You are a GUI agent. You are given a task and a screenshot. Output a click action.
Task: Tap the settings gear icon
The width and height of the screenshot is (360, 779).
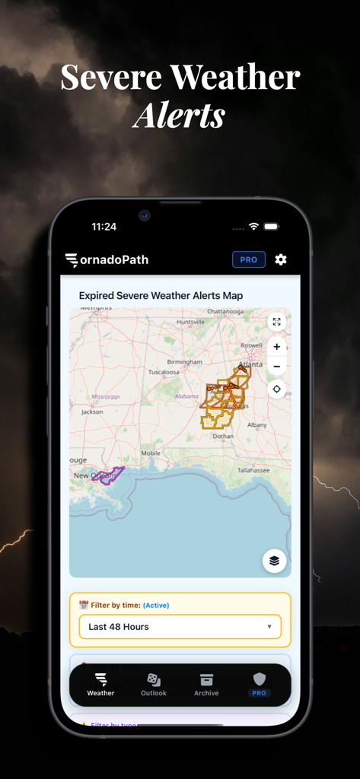281,259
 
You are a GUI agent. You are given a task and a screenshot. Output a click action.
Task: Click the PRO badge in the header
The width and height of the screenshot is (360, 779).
249,259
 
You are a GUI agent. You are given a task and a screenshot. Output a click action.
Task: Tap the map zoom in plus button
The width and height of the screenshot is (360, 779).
276,347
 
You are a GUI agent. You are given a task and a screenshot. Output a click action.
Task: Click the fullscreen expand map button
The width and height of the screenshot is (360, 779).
276,322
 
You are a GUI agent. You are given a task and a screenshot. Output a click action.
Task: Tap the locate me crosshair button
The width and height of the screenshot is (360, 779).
276,389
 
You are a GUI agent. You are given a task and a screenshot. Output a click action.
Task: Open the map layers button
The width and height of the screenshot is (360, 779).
274,561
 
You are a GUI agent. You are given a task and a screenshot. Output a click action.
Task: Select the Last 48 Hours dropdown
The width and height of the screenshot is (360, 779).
180,627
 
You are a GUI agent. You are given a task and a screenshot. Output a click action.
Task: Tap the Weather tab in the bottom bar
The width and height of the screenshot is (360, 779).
100,684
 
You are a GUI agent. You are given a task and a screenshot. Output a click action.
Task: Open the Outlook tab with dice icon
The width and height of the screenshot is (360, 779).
153,684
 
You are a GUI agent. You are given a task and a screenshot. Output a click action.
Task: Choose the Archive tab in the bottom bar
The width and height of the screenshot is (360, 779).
206,684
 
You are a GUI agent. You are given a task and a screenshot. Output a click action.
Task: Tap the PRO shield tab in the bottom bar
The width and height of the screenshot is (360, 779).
260,684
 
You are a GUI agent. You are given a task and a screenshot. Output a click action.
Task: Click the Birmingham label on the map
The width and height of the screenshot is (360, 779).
185,362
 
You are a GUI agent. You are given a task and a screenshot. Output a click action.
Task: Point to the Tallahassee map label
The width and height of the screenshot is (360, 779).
253,470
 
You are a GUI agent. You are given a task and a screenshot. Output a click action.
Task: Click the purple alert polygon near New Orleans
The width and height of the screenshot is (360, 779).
108,475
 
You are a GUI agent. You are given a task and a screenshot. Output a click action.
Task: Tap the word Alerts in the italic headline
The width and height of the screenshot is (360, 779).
180,116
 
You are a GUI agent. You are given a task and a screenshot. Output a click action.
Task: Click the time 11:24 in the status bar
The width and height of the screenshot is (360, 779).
104,227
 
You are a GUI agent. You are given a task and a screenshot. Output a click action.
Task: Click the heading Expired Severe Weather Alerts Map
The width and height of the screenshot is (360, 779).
161,295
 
